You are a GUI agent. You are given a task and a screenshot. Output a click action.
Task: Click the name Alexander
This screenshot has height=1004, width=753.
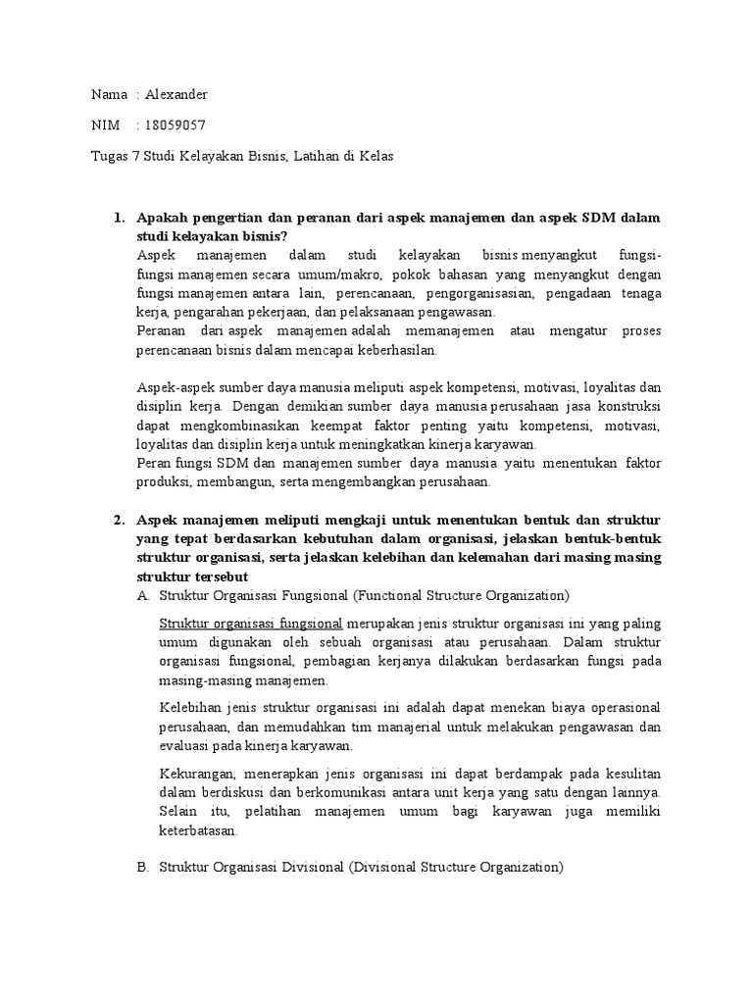click(176, 94)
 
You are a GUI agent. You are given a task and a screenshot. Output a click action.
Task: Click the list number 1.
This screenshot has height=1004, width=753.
click(119, 218)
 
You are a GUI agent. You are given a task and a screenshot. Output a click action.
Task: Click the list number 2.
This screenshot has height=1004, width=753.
click(119, 519)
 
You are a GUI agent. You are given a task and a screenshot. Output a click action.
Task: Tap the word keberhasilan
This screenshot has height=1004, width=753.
click(399, 349)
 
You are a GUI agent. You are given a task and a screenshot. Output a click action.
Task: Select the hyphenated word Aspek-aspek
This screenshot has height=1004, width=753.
click(176, 387)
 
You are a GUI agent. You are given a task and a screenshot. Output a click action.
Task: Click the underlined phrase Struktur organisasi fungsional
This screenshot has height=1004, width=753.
click(250, 624)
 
